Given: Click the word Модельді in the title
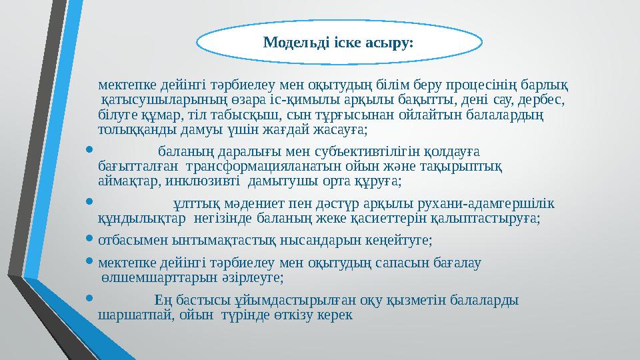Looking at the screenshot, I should [x=291, y=43].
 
